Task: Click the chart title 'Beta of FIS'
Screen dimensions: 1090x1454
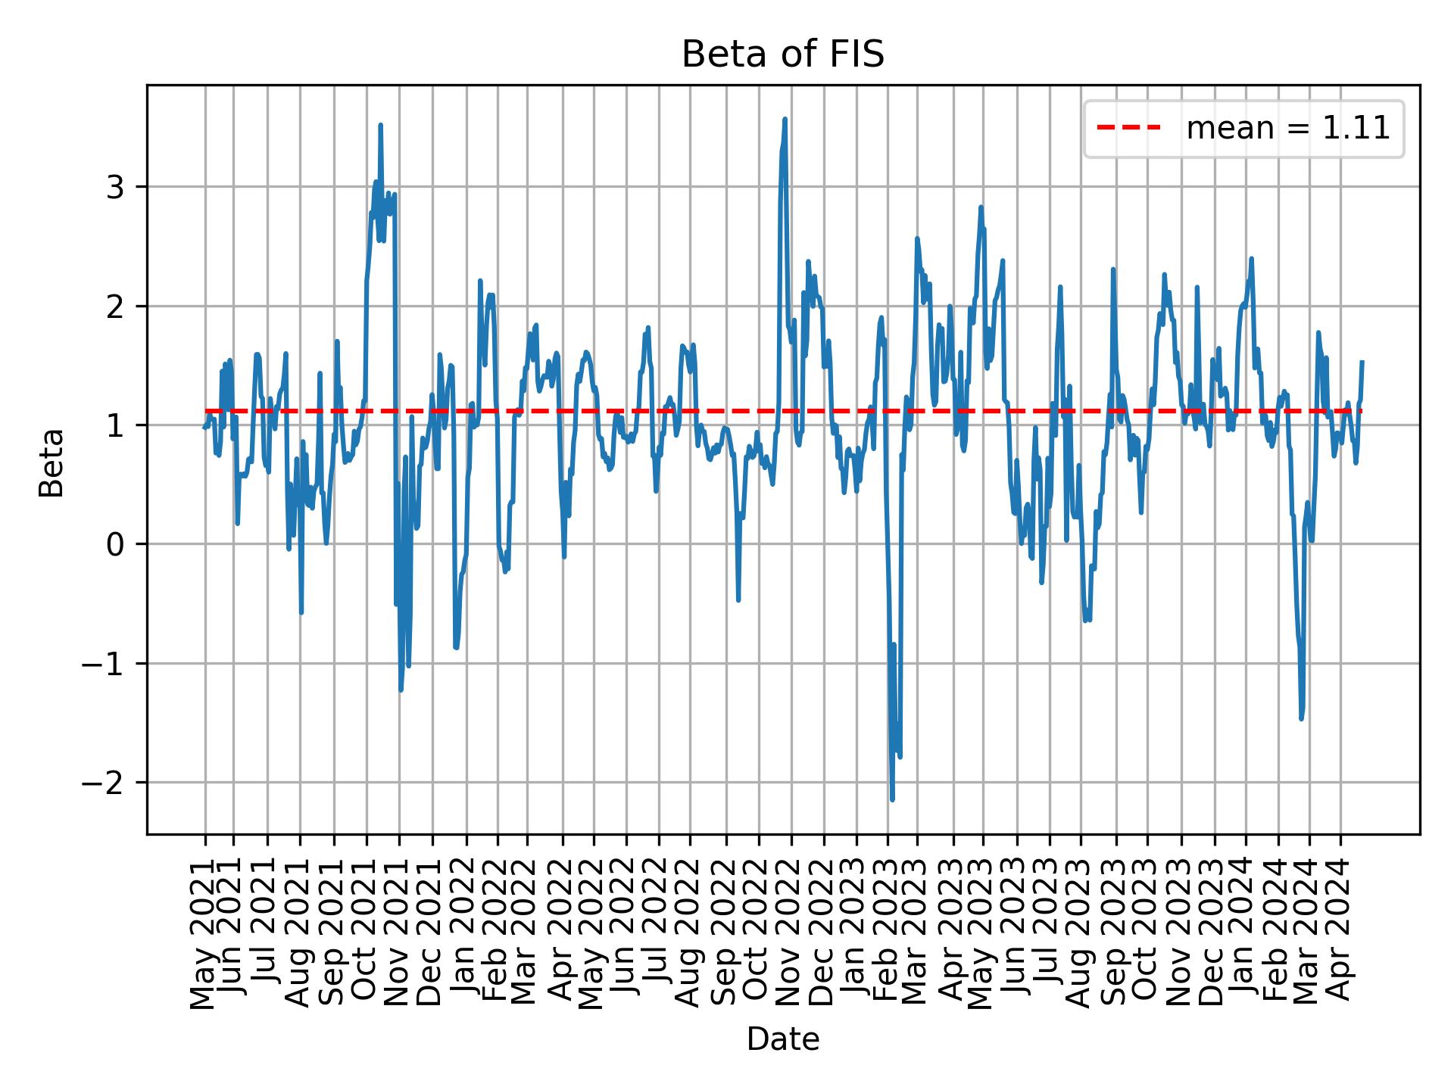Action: point(782,55)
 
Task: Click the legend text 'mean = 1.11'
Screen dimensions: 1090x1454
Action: point(1287,129)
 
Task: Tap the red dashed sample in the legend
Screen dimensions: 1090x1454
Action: point(1129,129)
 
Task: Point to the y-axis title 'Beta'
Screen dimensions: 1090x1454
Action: point(51,462)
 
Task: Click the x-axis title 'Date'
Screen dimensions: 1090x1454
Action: point(782,1039)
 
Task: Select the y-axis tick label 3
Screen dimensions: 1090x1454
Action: point(114,187)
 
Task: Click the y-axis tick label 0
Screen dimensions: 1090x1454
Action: point(114,544)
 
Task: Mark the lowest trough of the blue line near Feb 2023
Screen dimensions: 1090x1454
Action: point(892,799)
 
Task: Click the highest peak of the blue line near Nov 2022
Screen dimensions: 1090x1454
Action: point(785,119)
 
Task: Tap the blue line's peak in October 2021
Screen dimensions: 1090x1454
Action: point(380,125)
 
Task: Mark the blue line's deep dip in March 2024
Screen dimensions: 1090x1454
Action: point(1301,718)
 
